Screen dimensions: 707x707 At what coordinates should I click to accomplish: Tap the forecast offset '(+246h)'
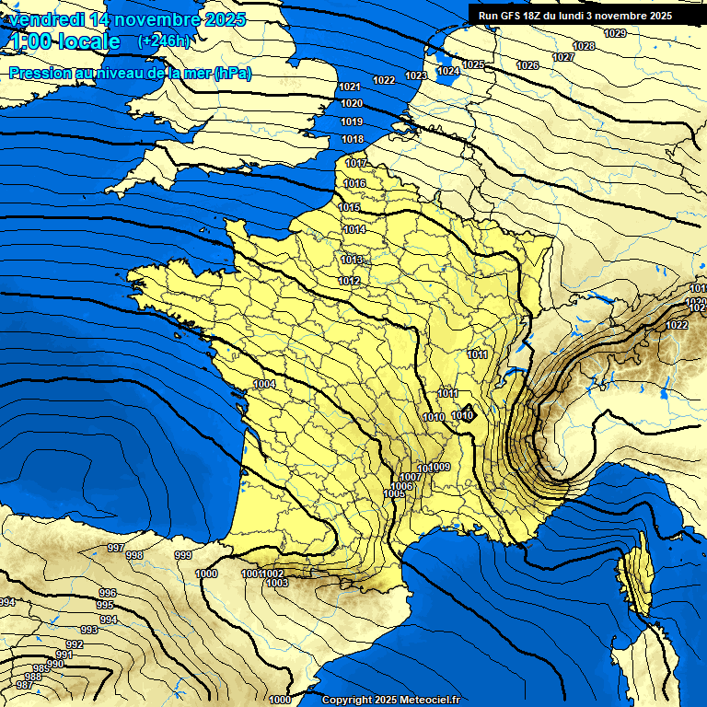tap(163, 41)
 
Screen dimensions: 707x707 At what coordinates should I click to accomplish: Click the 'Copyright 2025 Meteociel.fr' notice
tap(390, 700)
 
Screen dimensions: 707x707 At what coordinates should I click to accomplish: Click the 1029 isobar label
tap(615, 34)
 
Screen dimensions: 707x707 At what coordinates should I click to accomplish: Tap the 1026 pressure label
tap(527, 65)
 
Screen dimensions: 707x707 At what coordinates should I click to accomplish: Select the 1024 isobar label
tap(448, 71)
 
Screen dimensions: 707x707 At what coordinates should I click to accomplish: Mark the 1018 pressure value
tap(352, 139)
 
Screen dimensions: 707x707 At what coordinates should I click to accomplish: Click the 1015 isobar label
tap(350, 207)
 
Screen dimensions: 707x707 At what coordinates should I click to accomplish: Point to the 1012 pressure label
tap(349, 281)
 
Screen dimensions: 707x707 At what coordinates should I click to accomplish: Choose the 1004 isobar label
tap(265, 384)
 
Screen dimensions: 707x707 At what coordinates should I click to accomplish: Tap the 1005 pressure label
tap(394, 494)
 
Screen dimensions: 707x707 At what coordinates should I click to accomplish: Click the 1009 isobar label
tap(439, 468)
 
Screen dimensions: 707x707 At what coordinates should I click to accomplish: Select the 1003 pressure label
tap(276, 583)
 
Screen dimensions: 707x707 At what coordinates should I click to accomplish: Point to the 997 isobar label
tap(115, 548)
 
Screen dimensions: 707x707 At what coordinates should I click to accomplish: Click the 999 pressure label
tap(183, 555)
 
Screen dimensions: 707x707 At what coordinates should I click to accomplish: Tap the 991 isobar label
tap(64, 655)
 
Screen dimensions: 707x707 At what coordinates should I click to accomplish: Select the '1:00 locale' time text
tap(64, 41)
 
